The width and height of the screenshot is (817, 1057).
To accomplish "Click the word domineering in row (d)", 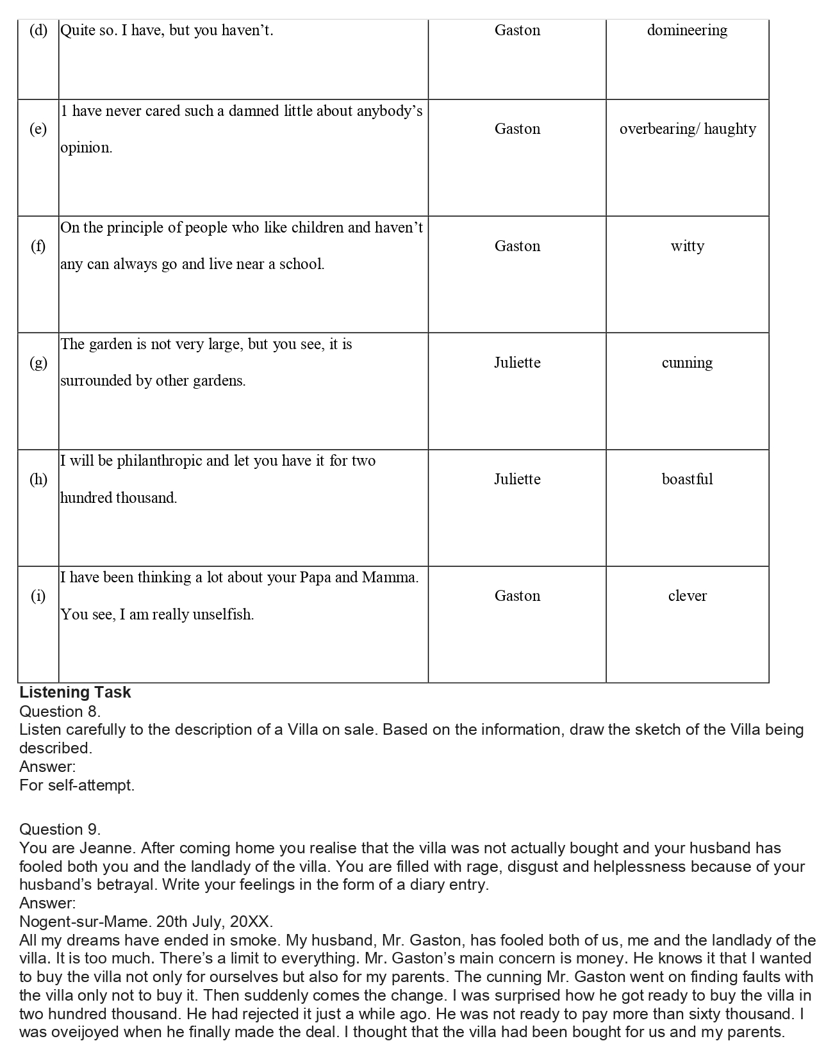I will pos(687,30).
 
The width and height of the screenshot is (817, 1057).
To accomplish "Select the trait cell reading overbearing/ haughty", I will pos(687,129).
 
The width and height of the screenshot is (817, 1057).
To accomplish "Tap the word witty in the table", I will pos(687,246).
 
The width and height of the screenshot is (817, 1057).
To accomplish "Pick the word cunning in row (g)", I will pos(687,363).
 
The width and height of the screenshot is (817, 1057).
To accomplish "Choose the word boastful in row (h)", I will pos(687,479).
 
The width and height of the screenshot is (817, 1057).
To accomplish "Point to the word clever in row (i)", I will pos(687,596).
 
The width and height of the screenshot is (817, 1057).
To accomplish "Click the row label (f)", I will pos(38,246).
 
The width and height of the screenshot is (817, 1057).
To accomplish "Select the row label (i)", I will pos(38,596).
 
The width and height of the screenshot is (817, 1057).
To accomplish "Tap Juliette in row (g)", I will pos(517,363).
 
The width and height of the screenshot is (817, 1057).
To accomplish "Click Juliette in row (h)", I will pos(517,479).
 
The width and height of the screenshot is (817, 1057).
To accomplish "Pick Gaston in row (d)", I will pos(517,30).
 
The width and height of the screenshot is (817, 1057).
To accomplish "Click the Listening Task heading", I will pos(75,692).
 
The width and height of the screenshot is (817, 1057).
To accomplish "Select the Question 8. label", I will pos(60,711).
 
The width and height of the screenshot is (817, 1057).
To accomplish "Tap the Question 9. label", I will pos(60,830).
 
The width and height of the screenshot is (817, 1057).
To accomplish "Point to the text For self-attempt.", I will pos(77,785).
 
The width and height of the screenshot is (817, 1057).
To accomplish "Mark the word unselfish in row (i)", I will pos(220,614).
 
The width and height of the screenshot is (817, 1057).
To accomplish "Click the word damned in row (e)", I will pos(256,111).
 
